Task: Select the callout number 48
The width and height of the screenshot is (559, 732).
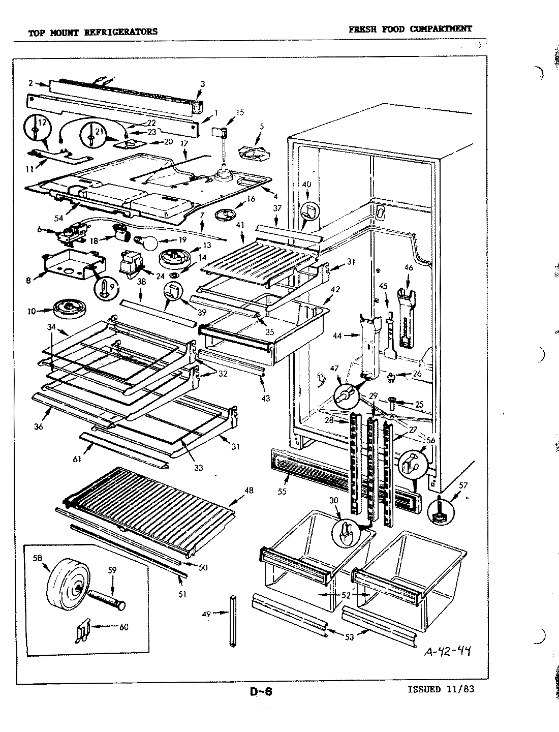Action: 249,491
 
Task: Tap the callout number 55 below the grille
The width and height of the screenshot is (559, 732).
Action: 283,491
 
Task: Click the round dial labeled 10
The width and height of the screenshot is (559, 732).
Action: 68,310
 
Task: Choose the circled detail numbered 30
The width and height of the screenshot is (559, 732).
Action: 345,532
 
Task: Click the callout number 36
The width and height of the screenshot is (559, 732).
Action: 38,426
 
